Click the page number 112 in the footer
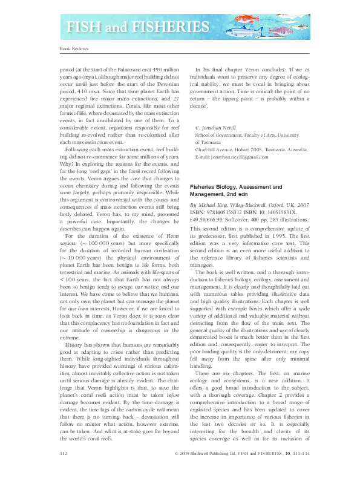pos(63,470)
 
